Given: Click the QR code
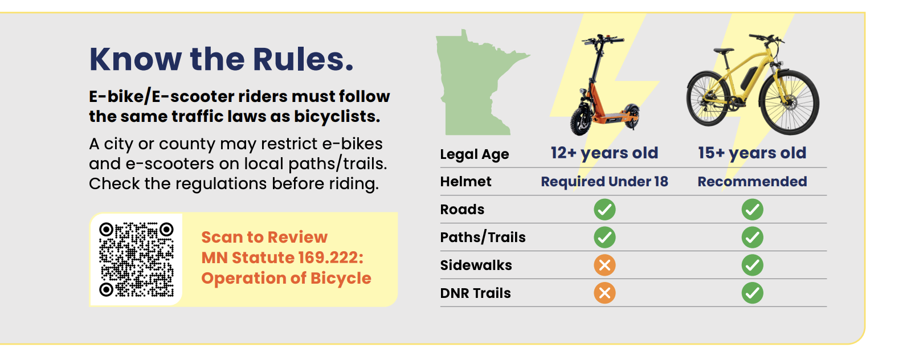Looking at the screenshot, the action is (x=136, y=260).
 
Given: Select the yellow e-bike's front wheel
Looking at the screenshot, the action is (x=789, y=102).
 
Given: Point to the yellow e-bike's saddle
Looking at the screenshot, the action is (x=724, y=51).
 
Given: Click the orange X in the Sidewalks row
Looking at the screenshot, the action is (x=604, y=265).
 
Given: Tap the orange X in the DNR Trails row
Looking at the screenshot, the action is (x=604, y=293).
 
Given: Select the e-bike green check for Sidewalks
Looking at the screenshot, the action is (x=753, y=265).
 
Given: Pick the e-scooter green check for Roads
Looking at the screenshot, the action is (x=604, y=210).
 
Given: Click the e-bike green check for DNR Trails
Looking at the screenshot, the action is (x=753, y=293).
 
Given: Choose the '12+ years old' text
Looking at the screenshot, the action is (x=604, y=153).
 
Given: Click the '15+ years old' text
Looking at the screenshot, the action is (x=752, y=153).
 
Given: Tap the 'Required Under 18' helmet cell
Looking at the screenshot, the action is (x=604, y=182).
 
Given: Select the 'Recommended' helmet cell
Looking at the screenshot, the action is (x=752, y=182).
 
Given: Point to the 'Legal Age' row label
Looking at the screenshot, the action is (x=474, y=154).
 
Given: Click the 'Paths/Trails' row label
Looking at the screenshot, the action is (x=483, y=238).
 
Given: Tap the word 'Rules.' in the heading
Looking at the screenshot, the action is (x=303, y=59).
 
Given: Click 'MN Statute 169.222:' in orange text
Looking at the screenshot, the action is (x=282, y=258).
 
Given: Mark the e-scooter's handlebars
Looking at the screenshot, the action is (x=603, y=40).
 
